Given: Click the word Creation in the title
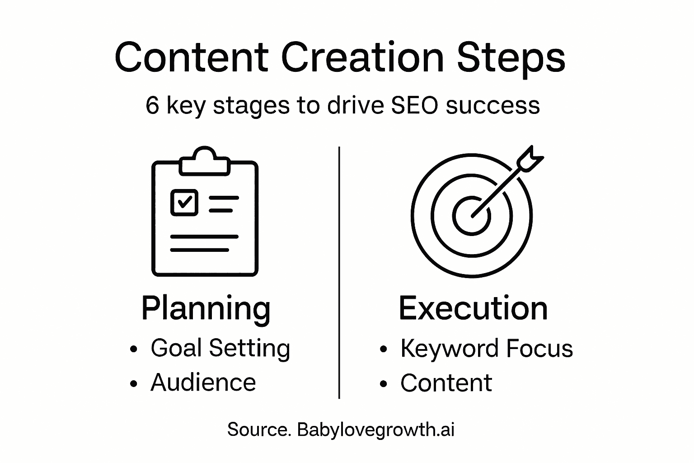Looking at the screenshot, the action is [362, 58].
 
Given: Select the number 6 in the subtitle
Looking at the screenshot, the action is [152, 105].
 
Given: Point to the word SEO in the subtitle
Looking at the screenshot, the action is [415, 105].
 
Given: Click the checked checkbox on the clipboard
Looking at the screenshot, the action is [184, 203].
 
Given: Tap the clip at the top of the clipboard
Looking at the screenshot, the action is [205, 161].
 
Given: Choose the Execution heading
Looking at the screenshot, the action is [473, 308].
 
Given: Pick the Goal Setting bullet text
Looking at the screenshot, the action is [220, 349].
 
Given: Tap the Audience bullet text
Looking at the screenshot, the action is [203, 383].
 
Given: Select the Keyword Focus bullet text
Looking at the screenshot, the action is [487, 349].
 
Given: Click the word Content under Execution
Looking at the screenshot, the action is [446, 383].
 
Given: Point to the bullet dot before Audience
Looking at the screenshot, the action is [134, 384].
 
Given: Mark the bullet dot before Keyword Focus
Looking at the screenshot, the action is [384, 349].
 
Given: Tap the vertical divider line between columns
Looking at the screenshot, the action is [339, 273].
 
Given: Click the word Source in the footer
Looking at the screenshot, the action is [259, 430].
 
